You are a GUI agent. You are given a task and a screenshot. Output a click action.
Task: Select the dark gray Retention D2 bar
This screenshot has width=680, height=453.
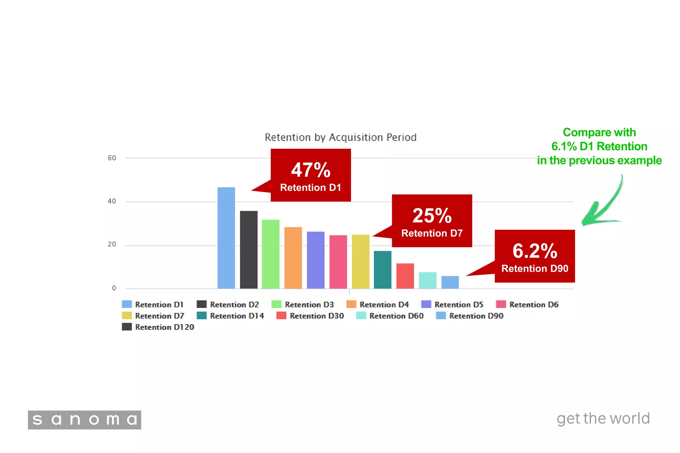tap(249, 250)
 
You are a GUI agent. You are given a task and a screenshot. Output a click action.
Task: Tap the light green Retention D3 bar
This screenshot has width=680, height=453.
tap(271, 254)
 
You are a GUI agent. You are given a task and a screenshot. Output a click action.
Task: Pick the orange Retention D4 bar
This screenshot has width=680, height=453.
tap(293, 258)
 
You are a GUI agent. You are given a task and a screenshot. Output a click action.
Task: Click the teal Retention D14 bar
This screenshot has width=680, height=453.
tap(382, 269)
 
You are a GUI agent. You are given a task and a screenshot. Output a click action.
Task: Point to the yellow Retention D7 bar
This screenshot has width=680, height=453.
tap(361, 262)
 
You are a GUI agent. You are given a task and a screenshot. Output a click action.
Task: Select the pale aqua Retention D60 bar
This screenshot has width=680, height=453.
tap(428, 280)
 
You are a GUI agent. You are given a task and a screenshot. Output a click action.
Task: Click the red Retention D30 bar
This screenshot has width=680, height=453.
tap(405, 276)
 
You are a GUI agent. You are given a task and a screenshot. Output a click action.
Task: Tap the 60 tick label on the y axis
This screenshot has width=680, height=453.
tap(112, 158)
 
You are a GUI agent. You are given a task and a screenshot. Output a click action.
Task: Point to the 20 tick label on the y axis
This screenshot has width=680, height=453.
tap(112, 244)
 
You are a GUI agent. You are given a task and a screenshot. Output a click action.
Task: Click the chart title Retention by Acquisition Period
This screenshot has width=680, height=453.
tap(340, 137)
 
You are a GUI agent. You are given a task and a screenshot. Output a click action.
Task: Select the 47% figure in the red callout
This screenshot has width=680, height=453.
tap(311, 170)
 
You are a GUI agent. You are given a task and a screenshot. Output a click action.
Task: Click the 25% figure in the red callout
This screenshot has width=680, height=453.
tap(432, 216)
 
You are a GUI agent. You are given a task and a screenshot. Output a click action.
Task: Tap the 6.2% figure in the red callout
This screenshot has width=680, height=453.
tap(535, 251)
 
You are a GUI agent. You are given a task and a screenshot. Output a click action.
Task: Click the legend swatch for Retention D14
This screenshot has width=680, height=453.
tap(202, 316)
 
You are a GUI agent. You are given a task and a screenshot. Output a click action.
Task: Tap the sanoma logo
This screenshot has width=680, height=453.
tap(85, 420)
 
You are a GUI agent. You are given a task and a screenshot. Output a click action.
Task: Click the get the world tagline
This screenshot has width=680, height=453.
tap(603, 418)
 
